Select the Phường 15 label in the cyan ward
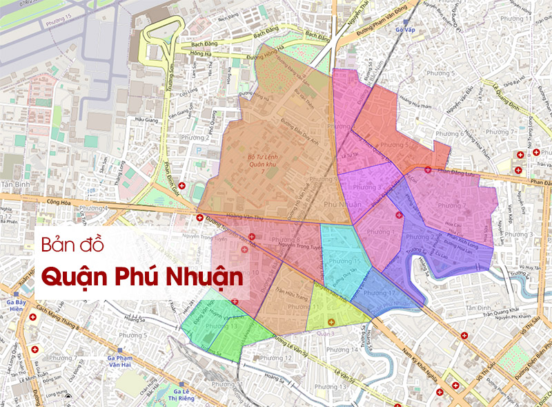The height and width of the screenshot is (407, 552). [343, 262]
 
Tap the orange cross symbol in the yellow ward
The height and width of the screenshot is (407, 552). [331, 323]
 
